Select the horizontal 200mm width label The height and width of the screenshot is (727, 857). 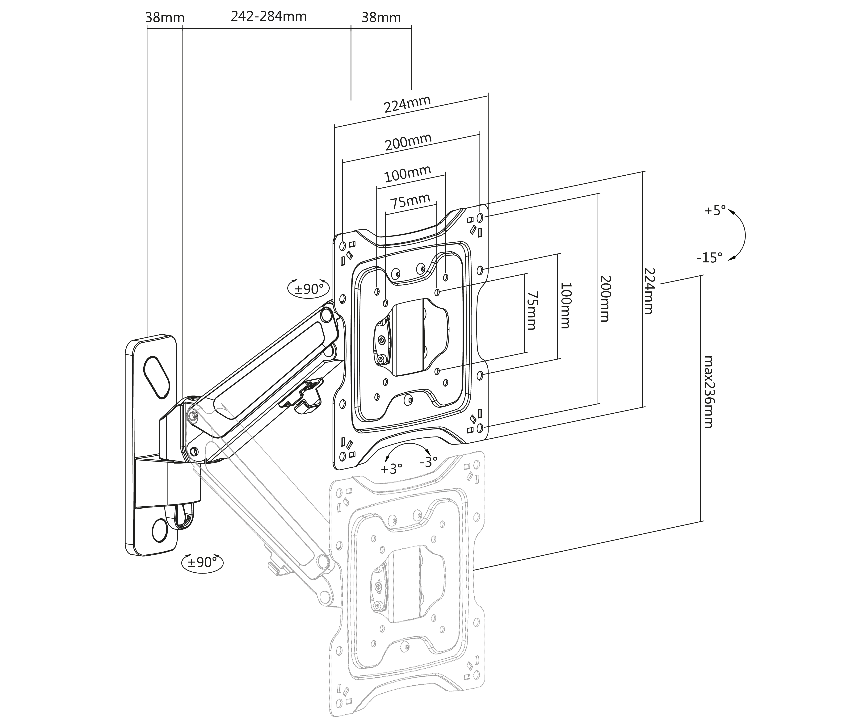tap(408, 142)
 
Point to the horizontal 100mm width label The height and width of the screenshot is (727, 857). tap(408, 174)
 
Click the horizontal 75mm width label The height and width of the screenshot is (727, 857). tap(410, 202)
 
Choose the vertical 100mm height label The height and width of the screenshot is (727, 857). tap(565, 305)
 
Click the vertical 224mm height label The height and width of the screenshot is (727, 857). tap(648, 290)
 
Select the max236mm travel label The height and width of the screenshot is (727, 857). tap(708, 391)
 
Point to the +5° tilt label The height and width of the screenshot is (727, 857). tap(714, 211)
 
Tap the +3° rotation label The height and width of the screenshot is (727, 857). tap(391, 469)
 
